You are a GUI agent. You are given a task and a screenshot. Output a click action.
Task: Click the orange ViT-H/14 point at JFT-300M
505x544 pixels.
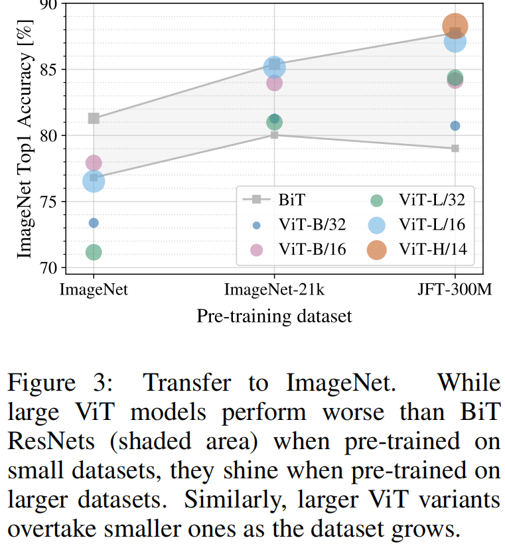455,26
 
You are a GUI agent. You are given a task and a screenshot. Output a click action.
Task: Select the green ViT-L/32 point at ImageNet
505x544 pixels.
94,252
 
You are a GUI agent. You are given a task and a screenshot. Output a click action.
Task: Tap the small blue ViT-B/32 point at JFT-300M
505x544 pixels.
455,126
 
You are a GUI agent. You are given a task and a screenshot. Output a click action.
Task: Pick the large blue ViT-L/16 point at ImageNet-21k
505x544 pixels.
274,67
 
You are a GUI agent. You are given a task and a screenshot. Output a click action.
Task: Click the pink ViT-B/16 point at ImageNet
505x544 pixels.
94,163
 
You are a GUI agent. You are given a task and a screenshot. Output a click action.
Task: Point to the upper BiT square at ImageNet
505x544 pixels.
94,119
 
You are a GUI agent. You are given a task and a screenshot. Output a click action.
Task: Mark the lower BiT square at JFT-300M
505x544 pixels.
455,148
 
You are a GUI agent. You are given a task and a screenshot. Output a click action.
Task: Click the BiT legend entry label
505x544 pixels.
292,198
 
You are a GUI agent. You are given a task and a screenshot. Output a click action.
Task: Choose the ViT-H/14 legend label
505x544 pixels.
431,249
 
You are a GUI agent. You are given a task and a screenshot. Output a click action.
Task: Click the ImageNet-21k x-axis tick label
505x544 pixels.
274,290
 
